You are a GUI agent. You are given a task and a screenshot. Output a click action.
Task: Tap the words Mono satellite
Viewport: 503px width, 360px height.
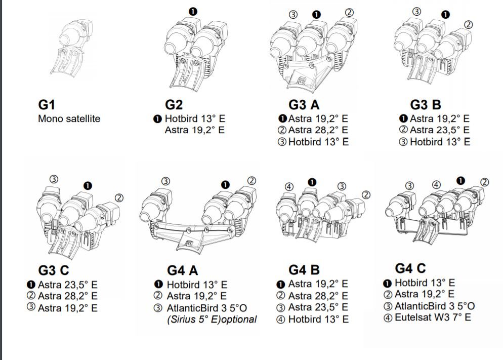(69, 119)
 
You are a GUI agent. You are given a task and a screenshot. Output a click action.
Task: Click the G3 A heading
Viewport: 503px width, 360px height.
(304, 105)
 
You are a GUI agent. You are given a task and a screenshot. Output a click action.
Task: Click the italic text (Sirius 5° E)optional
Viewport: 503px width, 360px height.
(212, 319)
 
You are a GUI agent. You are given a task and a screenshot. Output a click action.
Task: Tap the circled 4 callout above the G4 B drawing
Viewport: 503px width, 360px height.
(289, 187)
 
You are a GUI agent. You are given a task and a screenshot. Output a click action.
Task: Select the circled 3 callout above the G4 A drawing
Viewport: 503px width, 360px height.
(165, 181)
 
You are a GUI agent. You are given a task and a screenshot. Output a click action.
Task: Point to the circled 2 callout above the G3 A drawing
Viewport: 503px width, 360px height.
(349, 13)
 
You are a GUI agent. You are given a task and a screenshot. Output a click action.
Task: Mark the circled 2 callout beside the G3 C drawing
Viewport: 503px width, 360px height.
(119, 197)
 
